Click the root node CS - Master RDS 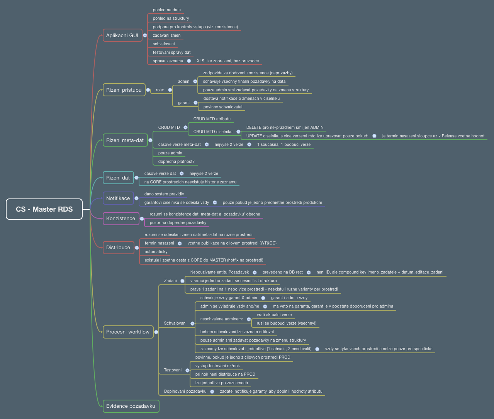(44, 209)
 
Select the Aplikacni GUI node (122, 35)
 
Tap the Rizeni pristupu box (124, 90)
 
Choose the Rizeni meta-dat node (125, 140)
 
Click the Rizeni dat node (118, 178)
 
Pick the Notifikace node (118, 198)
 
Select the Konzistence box (121, 218)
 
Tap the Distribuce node (118, 247)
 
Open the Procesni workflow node (127, 332)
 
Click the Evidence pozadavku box (131, 406)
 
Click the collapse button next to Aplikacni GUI (145, 35)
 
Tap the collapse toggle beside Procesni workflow (156, 332)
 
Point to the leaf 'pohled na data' (166, 10)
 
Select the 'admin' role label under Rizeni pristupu (183, 81)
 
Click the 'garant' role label (183, 103)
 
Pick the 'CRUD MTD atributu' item (212, 119)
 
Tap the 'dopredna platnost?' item (176, 161)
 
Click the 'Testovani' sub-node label (173, 370)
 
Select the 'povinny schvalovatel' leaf (223, 107)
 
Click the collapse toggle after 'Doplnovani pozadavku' (212, 391)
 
